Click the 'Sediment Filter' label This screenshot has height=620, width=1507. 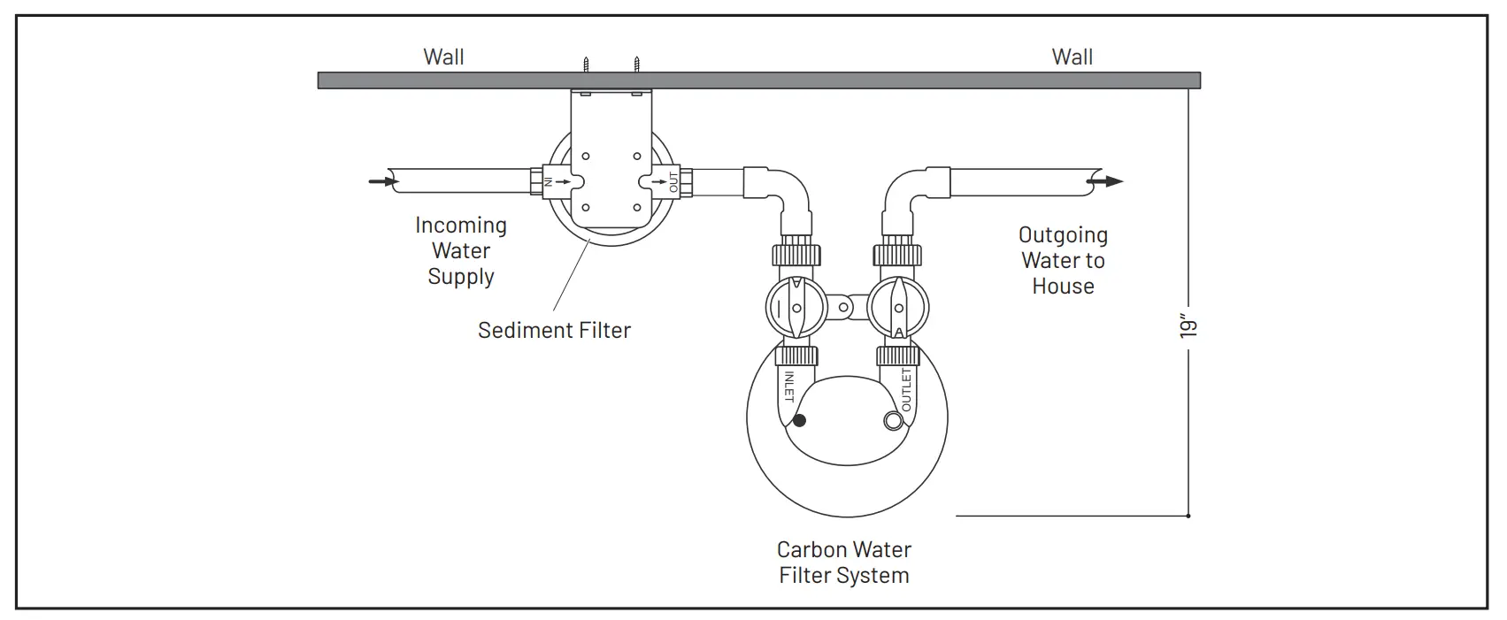554,330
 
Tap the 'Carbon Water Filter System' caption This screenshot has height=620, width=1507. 843,563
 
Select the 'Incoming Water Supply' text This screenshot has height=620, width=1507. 461,251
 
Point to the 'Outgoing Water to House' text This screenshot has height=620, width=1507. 1063,261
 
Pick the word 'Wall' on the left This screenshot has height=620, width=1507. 443,57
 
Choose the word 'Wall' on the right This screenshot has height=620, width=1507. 1072,57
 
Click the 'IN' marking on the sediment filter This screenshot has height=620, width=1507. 548,181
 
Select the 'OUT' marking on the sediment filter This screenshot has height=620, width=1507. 673,182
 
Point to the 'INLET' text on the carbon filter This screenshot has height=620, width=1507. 788,387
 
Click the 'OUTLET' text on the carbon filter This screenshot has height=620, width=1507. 906,389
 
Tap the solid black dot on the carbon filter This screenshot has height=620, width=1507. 800,420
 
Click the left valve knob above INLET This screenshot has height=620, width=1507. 796,308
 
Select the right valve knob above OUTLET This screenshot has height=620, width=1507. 897,308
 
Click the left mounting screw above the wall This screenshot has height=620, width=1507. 585,65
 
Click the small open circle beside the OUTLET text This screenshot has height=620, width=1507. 893,421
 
